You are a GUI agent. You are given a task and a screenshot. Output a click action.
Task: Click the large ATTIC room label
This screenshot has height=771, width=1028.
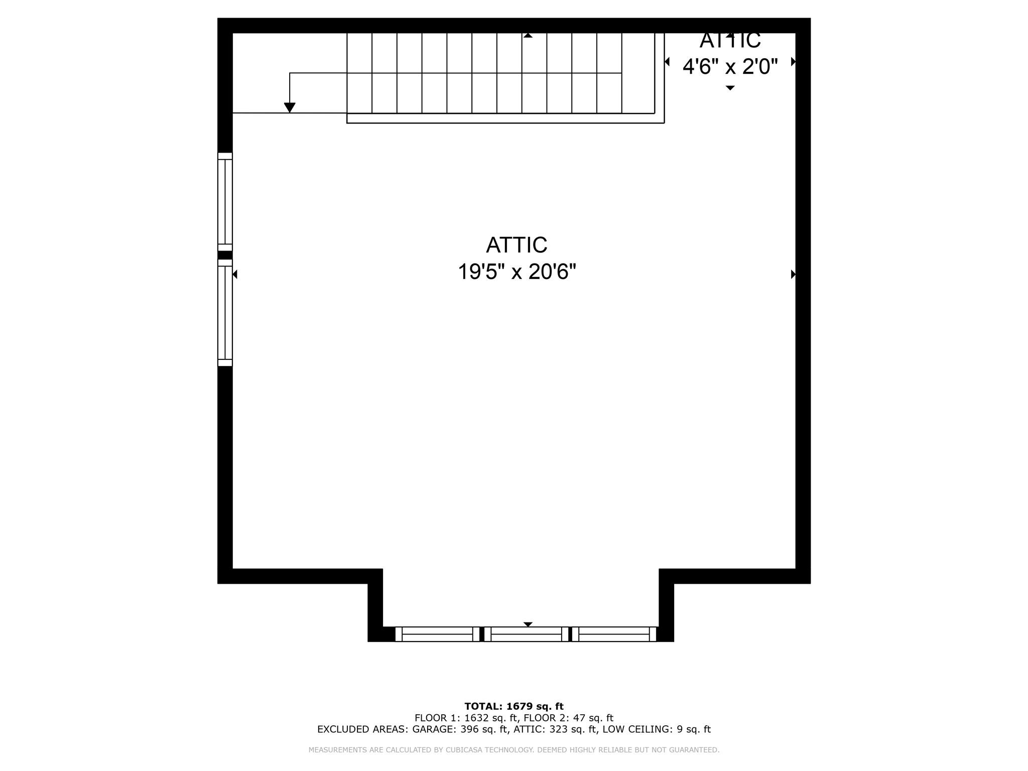[x=516, y=245]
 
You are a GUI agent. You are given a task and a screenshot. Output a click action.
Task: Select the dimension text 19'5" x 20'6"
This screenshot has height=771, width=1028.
[x=517, y=272]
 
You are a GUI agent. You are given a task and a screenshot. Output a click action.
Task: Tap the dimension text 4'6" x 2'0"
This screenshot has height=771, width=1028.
[x=730, y=66]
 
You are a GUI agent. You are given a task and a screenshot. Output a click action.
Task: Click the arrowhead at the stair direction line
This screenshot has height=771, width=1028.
[x=290, y=107]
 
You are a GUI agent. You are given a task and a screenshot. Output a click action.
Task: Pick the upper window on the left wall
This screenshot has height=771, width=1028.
[x=225, y=202]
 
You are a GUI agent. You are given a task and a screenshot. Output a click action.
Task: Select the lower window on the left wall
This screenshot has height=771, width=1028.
[x=225, y=313]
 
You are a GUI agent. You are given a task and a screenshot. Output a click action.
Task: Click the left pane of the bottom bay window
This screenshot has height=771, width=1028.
[x=437, y=634]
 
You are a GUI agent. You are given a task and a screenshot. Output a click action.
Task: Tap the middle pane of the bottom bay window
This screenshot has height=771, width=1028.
[x=526, y=634]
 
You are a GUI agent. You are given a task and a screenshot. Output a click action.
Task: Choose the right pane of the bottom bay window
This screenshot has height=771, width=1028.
[x=614, y=634]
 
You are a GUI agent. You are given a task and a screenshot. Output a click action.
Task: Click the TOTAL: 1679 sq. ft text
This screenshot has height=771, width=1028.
[x=514, y=706]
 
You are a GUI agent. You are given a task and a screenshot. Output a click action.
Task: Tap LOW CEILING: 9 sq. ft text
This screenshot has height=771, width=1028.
[x=657, y=729]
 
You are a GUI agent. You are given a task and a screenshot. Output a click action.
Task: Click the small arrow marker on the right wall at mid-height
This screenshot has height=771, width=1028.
[x=793, y=274]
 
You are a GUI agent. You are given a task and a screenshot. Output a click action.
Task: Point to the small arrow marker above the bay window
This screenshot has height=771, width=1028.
[x=528, y=624]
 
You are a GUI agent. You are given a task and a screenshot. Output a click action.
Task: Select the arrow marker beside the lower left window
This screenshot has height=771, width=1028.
[x=235, y=274]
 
